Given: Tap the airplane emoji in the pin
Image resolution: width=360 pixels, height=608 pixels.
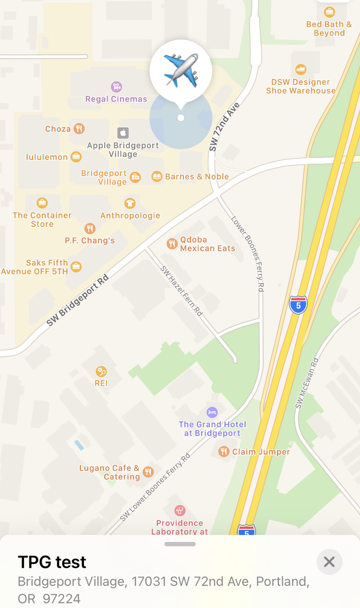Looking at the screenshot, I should point(180,70).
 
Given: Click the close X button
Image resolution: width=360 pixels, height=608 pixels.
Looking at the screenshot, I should point(329,562).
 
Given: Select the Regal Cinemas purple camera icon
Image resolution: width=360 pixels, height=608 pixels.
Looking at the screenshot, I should point(116,87).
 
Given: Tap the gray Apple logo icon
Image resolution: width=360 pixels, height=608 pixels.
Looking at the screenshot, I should point(123,133).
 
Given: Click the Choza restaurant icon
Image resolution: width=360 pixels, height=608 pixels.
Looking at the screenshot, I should point(79,129).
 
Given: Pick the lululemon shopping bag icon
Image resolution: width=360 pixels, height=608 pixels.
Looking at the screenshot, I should point(76,156).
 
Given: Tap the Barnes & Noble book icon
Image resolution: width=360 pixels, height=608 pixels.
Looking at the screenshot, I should point(157,177).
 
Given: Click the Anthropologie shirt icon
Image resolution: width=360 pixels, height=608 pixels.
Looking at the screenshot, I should point(130,203).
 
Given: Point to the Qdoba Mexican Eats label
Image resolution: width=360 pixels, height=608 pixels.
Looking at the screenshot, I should point(207,244).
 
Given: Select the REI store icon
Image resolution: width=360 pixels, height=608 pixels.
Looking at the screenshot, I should point(101,371).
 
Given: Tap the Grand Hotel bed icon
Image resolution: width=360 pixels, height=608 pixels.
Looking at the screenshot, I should point(212,412).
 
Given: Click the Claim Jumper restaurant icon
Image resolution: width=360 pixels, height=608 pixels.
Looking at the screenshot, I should point(224,452).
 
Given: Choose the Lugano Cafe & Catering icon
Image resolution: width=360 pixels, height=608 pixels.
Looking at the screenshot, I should point(148,472).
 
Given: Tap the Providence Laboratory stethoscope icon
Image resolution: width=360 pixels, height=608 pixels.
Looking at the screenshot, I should point(180,511).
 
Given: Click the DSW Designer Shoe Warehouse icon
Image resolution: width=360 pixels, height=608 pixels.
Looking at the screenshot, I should point(301,70).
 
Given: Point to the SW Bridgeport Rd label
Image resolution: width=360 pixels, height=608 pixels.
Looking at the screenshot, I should point(78,300).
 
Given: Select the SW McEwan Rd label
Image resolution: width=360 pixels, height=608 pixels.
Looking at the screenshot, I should point(307,383).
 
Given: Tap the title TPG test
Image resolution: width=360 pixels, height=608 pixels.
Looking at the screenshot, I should point(52,562).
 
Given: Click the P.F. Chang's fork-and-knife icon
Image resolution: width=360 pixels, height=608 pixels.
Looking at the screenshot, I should point(90,228).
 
